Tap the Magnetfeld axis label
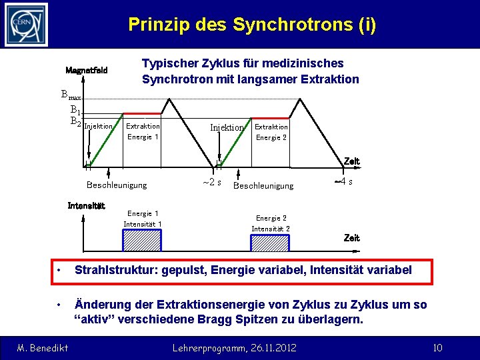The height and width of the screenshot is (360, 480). click(x=87, y=71)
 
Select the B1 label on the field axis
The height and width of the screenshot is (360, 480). click(x=75, y=110)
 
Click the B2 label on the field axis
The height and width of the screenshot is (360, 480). click(x=75, y=121)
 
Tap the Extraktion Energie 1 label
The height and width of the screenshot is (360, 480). click(x=143, y=131)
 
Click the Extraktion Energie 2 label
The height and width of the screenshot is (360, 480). click(x=271, y=132)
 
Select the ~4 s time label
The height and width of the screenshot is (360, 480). click(x=343, y=181)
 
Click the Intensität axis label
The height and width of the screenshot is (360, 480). click(x=87, y=205)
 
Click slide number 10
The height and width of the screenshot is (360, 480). click(x=437, y=347)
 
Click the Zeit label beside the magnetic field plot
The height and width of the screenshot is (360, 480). click(x=351, y=161)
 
